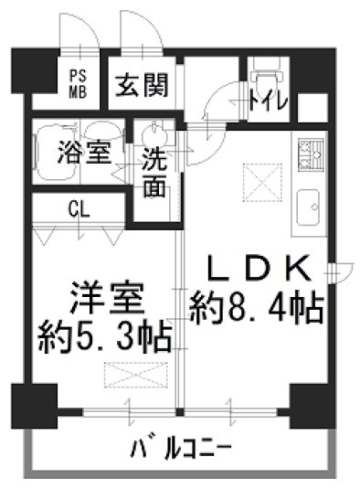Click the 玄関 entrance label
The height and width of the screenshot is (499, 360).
[x=142, y=85]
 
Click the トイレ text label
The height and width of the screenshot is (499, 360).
[x=268, y=101]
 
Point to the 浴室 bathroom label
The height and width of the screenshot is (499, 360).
[x=84, y=152]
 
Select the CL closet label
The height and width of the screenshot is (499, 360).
[x=79, y=209]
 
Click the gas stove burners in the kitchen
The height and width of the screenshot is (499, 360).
[x=311, y=154]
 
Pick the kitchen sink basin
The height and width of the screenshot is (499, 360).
[x=308, y=207]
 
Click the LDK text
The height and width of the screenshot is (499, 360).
[x=259, y=269]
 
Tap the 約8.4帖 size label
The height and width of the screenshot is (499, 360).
[x=257, y=307]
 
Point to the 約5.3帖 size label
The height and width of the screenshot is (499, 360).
[x=105, y=335]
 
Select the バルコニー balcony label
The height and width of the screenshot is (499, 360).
[x=181, y=449]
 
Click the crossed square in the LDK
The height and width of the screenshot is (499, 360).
[x=263, y=183]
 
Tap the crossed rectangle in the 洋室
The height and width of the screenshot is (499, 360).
[x=136, y=375]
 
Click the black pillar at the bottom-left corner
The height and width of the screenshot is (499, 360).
[x=35, y=406]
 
